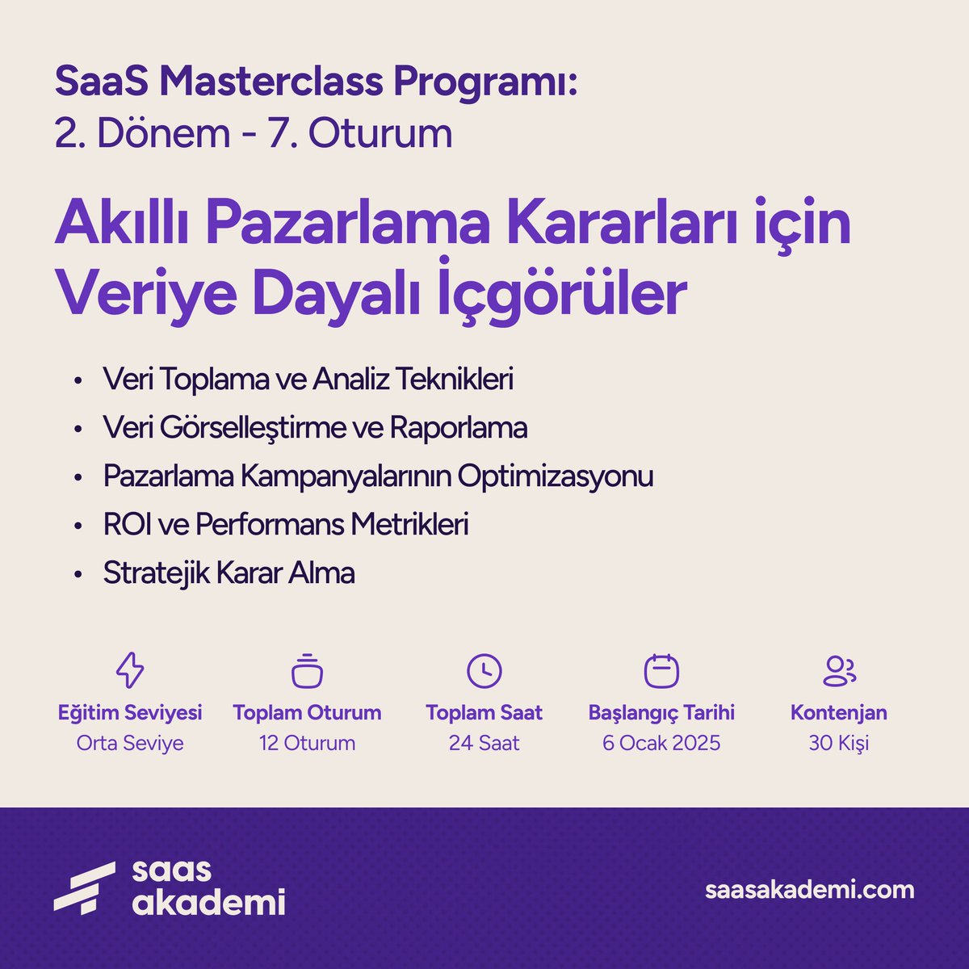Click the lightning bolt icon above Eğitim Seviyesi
[x=130, y=670]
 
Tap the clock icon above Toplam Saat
[x=484, y=670]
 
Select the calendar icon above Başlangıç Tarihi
[x=661, y=670]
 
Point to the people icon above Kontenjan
[x=839, y=670]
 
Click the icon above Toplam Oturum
[x=307, y=671]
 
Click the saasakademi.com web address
[x=810, y=890]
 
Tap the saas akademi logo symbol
[x=84, y=887]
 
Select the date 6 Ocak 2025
[x=661, y=743]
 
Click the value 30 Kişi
[x=839, y=743]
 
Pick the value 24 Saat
[x=484, y=743]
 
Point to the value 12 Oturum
[x=307, y=743]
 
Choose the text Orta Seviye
[x=130, y=743]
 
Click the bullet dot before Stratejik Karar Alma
[x=78, y=575]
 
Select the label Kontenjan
[x=839, y=713]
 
